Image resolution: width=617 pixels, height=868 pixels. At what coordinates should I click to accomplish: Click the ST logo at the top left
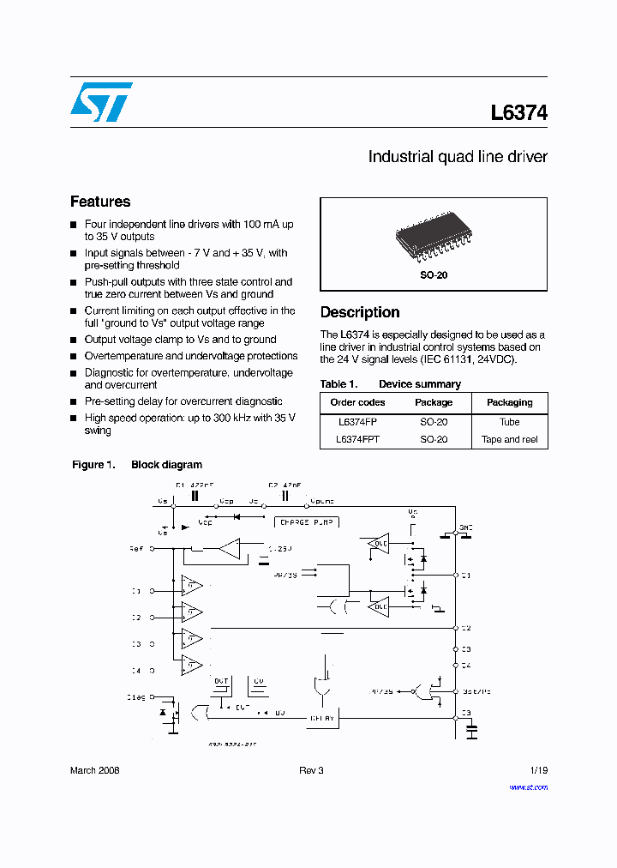click(x=101, y=101)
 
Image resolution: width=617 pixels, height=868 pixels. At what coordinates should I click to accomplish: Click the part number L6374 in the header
click(x=518, y=112)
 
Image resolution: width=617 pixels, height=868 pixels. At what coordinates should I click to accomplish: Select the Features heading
click(x=100, y=202)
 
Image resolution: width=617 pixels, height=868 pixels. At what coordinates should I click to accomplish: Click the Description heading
click(x=360, y=312)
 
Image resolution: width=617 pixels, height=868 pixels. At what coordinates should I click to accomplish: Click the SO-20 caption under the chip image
click(x=434, y=275)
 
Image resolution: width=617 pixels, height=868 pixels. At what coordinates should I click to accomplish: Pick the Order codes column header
click(x=357, y=402)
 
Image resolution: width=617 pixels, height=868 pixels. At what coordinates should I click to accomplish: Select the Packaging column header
click(x=510, y=402)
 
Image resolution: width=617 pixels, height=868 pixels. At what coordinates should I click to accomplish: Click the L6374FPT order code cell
click(x=359, y=439)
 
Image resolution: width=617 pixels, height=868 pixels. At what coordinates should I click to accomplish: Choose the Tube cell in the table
click(x=510, y=422)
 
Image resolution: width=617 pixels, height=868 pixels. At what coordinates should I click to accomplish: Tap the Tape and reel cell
click(x=510, y=439)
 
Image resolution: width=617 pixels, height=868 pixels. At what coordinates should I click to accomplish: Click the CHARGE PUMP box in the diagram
click(x=306, y=521)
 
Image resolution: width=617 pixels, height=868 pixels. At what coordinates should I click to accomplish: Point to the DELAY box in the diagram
click(x=322, y=718)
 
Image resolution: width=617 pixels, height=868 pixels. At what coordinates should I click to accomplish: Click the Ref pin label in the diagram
click(x=136, y=547)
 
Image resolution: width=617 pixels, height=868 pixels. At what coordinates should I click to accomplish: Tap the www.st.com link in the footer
click(x=528, y=787)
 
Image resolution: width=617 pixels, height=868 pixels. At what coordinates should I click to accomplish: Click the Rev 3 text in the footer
click(x=311, y=770)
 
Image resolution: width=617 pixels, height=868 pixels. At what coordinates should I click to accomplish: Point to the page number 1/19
click(x=537, y=770)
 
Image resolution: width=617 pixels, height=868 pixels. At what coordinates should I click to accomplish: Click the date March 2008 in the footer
click(x=94, y=770)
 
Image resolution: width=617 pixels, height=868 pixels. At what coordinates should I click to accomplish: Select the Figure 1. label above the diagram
click(x=93, y=465)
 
